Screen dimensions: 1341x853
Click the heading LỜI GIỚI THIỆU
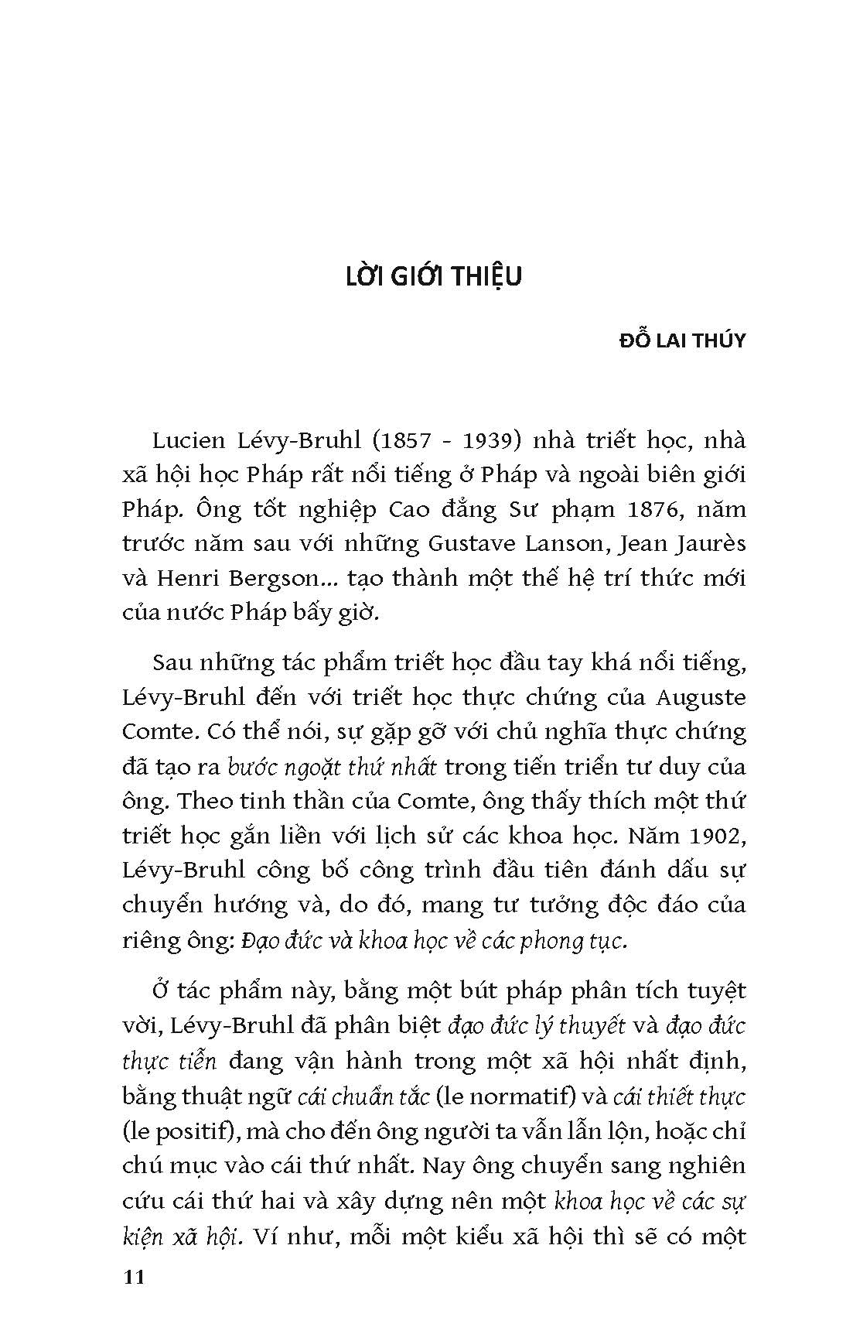tap(433, 276)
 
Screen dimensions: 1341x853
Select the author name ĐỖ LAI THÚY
tap(683, 340)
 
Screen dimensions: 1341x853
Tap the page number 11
tap(134, 1277)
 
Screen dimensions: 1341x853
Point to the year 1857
tap(404, 441)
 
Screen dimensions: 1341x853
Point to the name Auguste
tap(700, 698)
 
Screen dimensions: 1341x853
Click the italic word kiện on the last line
tap(142, 1235)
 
